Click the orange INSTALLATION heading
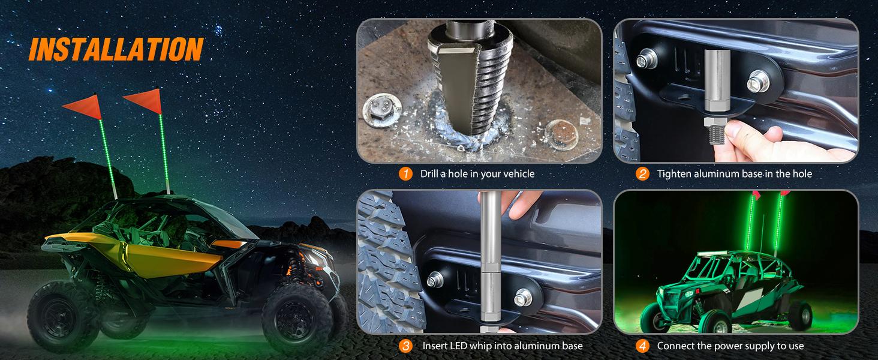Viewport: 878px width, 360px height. (x=116, y=50)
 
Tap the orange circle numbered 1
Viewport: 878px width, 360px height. (x=405, y=174)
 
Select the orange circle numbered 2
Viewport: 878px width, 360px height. (x=642, y=174)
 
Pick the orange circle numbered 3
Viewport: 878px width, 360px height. (x=405, y=346)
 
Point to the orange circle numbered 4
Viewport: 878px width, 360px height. (x=642, y=346)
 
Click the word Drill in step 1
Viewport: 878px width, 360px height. (x=429, y=174)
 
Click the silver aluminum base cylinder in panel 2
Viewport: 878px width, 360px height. (x=716, y=81)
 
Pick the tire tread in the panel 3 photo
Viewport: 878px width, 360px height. (x=388, y=263)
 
